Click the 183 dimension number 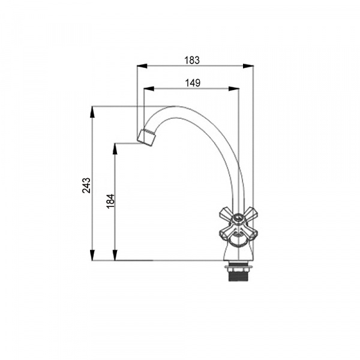click(192, 60)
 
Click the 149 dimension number click(193, 83)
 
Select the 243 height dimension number click(86, 185)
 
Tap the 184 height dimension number click(110, 202)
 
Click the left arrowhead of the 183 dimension click(142, 66)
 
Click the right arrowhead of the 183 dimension click(248, 66)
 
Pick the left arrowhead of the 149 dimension click(149, 89)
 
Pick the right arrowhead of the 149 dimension click(234, 89)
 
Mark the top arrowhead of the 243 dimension click(92, 112)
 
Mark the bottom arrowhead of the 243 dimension click(92, 255)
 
